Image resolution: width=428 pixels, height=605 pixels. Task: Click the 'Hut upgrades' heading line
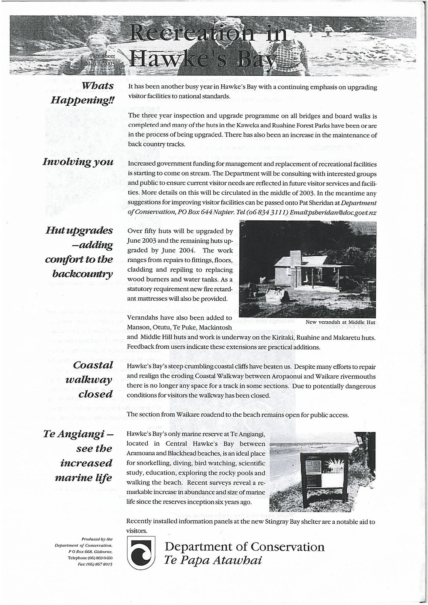pos(79,231)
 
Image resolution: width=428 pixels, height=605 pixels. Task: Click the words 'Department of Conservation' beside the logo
pos(244,547)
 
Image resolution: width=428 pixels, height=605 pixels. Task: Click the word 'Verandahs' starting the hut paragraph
pos(143,318)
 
